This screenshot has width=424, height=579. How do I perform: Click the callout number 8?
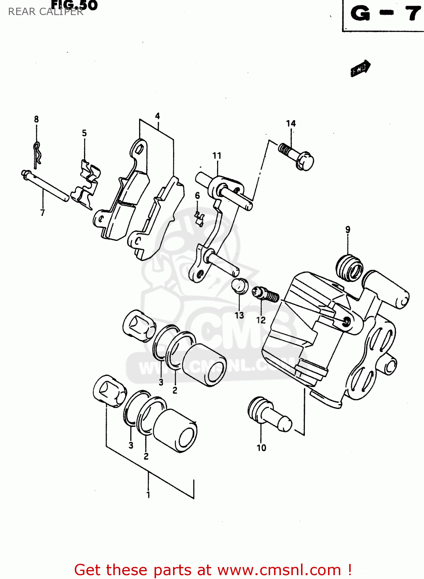tap(36, 119)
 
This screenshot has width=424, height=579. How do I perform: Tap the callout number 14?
tap(291, 124)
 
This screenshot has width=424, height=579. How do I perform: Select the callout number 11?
tap(217, 156)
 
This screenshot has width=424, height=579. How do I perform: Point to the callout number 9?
tap(348, 230)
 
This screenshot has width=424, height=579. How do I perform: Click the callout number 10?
tap(261, 448)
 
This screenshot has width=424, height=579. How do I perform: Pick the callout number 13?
tap(239, 315)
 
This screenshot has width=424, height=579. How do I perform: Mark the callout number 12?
tap(261, 320)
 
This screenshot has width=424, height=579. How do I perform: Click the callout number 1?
tap(148, 495)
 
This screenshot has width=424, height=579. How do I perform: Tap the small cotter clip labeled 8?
tap(37, 154)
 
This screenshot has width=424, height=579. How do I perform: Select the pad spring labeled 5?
tap(87, 183)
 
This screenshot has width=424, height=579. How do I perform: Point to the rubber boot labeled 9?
tap(349, 267)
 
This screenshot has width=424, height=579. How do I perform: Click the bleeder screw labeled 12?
tap(266, 295)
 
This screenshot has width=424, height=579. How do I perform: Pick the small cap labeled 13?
tap(239, 286)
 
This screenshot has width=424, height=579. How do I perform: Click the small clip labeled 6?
tap(199, 219)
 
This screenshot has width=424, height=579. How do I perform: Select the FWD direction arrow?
tap(360, 68)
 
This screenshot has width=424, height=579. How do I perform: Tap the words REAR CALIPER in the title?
tap(45, 12)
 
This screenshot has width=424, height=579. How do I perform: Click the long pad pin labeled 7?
tap(45, 186)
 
